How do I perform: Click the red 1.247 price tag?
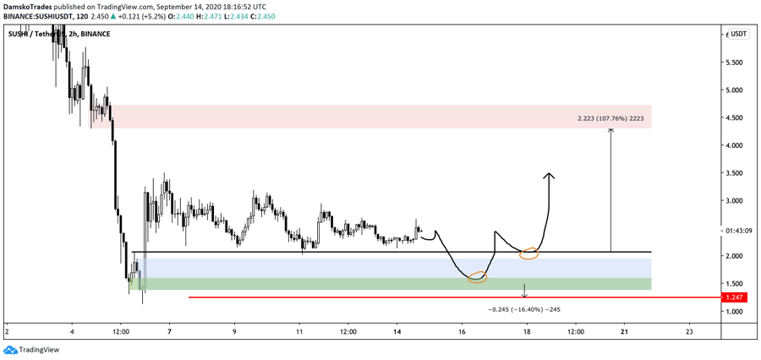point(736,297)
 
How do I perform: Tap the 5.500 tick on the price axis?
point(735,63)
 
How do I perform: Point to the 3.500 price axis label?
point(735,173)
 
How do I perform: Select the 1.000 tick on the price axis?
point(735,312)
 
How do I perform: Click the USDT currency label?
point(739,34)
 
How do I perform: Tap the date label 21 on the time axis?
point(624,331)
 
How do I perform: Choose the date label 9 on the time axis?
point(234,331)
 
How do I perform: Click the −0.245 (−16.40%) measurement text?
point(524,309)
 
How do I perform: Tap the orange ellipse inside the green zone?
point(477,276)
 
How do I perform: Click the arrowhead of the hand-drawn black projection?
point(549,175)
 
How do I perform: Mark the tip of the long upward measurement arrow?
point(610,129)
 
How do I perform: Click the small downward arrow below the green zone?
point(525,295)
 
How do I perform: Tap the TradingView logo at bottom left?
point(25,349)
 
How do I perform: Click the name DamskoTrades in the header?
point(29,5)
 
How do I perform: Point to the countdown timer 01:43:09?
point(736,230)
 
